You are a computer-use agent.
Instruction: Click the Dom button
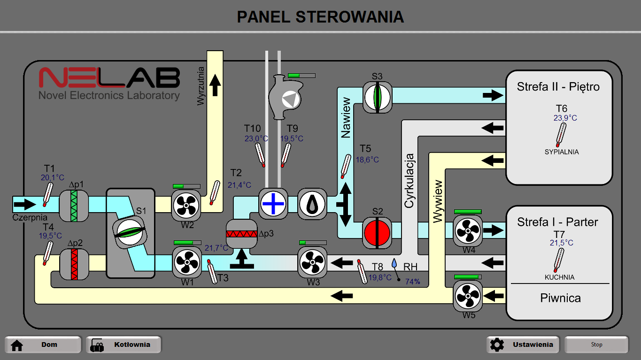(x=43, y=345)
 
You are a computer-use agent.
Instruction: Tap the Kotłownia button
(x=124, y=345)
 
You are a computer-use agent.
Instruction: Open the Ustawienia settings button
(x=523, y=345)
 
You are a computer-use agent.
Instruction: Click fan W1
(x=187, y=261)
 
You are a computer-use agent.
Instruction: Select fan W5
(x=467, y=296)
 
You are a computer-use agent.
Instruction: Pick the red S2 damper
(x=377, y=232)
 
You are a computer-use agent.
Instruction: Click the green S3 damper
(x=377, y=97)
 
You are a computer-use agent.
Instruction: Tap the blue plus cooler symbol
(x=273, y=204)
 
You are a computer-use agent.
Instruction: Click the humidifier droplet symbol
(x=312, y=204)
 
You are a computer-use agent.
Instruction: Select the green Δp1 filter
(x=74, y=206)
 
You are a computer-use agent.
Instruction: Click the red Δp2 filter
(x=74, y=265)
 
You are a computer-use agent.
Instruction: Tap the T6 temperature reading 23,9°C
(x=565, y=118)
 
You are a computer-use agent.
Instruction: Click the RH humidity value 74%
(x=412, y=282)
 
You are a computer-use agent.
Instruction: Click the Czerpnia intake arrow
(x=24, y=204)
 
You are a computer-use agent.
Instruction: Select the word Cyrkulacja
(x=409, y=181)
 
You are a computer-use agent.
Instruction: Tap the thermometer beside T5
(x=346, y=166)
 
